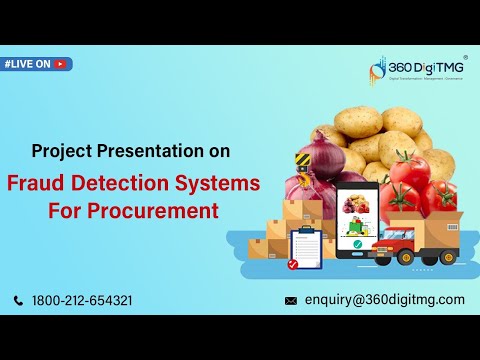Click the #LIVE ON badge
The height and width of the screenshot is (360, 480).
[x=36, y=64]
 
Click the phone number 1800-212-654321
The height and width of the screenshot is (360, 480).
[x=82, y=300]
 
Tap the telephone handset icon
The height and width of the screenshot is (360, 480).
[x=19, y=300]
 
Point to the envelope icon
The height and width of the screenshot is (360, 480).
[x=291, y=300]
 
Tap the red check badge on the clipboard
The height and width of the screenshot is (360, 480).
[x=292, y=264]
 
